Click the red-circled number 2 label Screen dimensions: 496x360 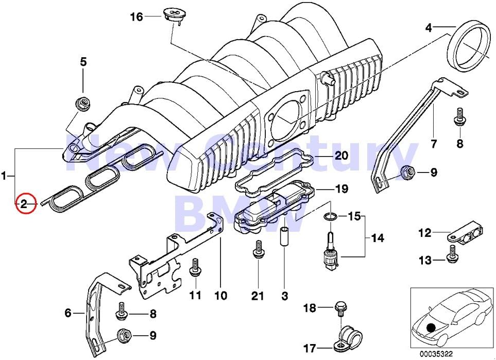point(25,203)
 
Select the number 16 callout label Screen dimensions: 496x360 point(136,17)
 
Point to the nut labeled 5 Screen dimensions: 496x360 point(82,102)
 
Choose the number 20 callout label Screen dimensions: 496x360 point(341,156)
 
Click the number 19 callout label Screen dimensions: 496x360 point(341,189)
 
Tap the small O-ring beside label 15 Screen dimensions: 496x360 point(330,217)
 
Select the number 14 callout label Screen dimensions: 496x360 point(378,237)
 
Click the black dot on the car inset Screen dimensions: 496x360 point(431,328)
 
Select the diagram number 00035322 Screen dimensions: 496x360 point(436,354)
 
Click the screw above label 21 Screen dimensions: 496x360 point(259,248)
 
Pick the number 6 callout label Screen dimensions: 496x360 point(68,313)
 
